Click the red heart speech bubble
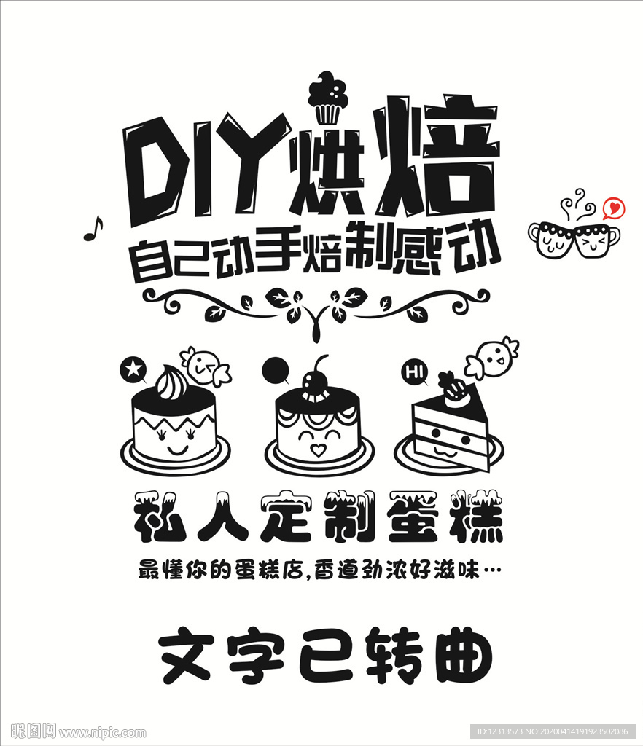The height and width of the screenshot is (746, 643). click(x=614, y=208)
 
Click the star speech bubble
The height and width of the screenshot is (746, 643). click(x=133, y=369)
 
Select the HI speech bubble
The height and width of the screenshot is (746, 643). click(x=415, y=372)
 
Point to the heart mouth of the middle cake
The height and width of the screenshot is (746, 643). click(x=318, y=449)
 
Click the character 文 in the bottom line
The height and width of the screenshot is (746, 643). click(x=186, y=656)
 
